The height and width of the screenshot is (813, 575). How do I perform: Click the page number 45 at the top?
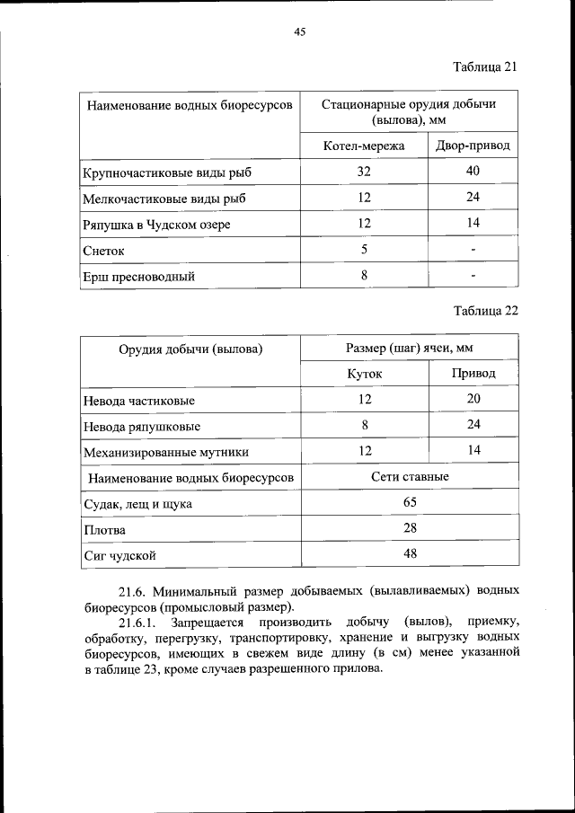(300, 32)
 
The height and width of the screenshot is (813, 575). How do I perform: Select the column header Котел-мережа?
(364, 146)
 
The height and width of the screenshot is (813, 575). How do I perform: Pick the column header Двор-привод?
(473, 146)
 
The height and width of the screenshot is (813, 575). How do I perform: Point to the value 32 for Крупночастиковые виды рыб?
(364, 172)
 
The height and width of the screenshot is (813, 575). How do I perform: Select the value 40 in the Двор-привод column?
(473, 172)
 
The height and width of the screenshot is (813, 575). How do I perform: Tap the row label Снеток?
(103, 251)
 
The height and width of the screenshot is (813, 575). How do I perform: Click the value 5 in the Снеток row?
(364, 250)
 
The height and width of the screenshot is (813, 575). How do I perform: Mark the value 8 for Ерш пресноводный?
(364, 276)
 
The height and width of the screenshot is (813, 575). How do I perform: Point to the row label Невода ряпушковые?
(141, 426)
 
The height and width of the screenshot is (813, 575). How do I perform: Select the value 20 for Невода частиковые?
(473, 399)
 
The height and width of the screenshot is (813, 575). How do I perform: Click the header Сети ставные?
(409, 477)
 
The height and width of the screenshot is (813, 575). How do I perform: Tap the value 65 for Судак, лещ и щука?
(410, 502)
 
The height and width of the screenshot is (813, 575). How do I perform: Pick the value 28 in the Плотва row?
(410, 528)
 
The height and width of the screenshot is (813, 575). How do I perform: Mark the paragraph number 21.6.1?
(137, 621)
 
